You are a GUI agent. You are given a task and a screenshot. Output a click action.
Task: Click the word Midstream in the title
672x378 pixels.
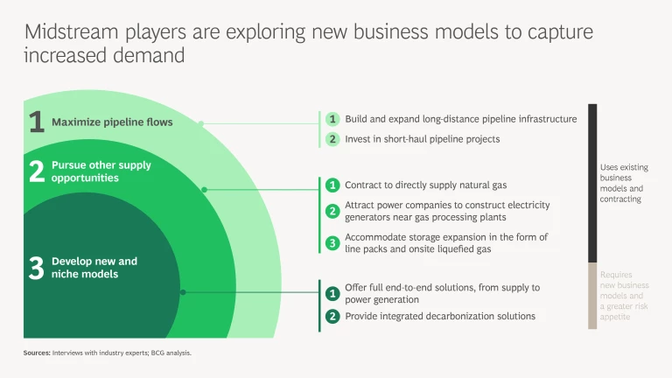tap(71, 31)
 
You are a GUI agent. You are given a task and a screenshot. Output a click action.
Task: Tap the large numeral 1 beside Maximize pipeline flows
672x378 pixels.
tap(37, 122)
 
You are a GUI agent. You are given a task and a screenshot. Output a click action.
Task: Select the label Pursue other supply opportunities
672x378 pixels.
tap(101, 171)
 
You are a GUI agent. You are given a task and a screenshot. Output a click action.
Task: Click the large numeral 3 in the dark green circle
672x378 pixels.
tap(37, 268)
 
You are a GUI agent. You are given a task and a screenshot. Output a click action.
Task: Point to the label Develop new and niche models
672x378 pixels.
tap(94, 268)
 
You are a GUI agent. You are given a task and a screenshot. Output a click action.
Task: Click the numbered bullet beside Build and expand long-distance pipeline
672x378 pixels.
tap(332, 119)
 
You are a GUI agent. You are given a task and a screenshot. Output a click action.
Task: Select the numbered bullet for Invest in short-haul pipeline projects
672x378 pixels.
tap(332, 139)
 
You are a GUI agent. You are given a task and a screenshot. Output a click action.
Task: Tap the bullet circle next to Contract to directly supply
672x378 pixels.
tap(332, 185)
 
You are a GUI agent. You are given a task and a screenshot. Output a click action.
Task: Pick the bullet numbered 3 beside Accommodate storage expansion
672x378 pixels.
tap(332, 243)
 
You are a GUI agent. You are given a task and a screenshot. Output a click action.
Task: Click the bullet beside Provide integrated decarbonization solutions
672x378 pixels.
tap(332, 316)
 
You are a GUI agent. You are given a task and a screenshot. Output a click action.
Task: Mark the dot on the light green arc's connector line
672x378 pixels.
tap(201, 123)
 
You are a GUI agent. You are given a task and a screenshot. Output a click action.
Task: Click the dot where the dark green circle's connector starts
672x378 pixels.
tap(183, 292)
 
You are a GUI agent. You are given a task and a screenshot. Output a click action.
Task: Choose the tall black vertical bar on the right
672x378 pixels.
tap(592, 184)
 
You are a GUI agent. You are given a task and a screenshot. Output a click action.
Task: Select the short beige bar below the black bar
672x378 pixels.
tap(592, 296)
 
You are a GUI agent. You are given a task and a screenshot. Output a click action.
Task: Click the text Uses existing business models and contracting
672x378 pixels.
tap(624, 183)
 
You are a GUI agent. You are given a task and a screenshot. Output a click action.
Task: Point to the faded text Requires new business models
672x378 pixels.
tap(624, 296)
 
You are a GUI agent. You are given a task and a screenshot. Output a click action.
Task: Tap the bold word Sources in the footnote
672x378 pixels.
tap(37, 353)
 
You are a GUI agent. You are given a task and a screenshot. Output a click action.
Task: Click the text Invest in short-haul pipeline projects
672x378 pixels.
tap(422, 139)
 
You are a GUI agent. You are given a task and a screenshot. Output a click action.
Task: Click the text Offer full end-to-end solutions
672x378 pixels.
tap(442, 293)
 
